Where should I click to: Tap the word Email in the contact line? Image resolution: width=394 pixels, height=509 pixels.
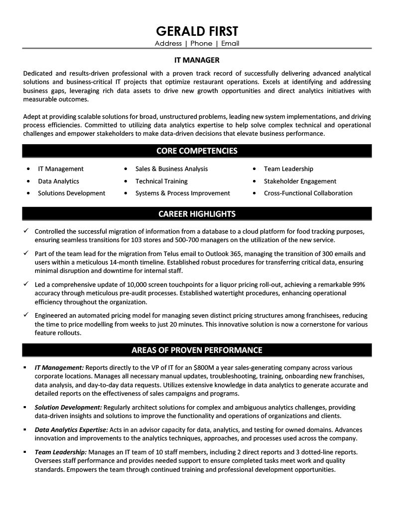pyautogui.click(x=230, y=43)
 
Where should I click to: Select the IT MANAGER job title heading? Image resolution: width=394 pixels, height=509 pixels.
pyautogui.click(x=197, y=60)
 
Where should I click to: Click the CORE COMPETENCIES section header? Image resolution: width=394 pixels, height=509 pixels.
pyautogui.click(x=197, y=151)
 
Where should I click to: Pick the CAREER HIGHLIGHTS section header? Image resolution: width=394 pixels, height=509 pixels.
pyautogui.click(x=197, y=214)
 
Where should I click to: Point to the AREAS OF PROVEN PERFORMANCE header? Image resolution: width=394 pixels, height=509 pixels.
pyautogui.click(x=197, y=350)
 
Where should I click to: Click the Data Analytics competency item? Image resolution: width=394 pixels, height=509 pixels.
pyautogui.click(x=58, y=181)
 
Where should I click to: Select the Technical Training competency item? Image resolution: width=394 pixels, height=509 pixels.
pyautogui.click(x=161, y=181)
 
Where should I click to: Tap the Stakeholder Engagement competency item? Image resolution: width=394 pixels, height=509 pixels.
pyautogui.click(x=300, y=181)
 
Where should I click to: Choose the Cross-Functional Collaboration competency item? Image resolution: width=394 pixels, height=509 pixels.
pyautogui.click(x=308, y=193)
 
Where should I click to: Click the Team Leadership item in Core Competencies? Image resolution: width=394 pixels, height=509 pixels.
pyautogui.click(x=288, y=169)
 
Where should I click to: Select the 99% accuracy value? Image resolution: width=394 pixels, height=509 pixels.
pyautogui.click(x=358, y=284)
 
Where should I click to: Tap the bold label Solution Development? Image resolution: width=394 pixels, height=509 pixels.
pyautogui.click(x=68, y=407)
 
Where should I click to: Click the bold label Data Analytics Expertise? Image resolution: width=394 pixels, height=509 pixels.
pyautogui.click(x=71, y=429)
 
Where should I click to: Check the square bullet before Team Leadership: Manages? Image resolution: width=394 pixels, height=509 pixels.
pyautogui.click(x=25, y=452)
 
